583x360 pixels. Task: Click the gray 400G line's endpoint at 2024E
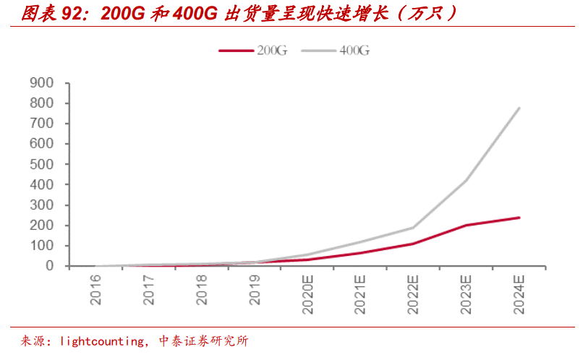point(519,108)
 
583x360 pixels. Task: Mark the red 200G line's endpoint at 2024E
point(519,218)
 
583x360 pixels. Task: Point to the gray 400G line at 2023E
point(467,181)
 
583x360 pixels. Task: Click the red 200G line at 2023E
point(467,225)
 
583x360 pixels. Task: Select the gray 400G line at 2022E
point(414,228)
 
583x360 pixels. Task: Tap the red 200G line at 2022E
point(414,244)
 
